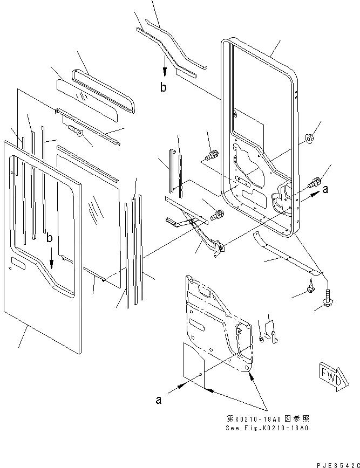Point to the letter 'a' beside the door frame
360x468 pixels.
coord(325,189)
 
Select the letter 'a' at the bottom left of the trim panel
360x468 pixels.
coord(159,400)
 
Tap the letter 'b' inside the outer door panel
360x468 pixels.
coord(49,238)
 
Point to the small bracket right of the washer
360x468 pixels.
coord(274,332)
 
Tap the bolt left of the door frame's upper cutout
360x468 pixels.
coord(210,155)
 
